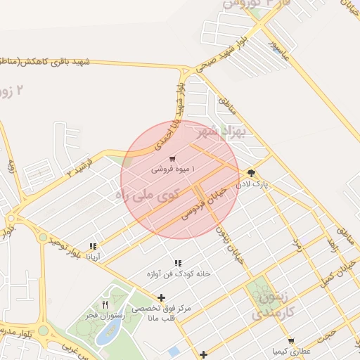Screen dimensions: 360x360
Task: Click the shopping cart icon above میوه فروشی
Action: pyautogui.click(x=173, y=159)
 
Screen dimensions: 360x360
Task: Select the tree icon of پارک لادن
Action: pyautogui.click(x=251, y=173)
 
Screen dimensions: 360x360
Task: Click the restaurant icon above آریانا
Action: pyautogui.click(x=93, y=247)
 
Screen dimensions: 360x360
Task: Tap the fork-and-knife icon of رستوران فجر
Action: pyautogui.click(x=105, y=305)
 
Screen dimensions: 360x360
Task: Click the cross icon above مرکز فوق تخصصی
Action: pyautogui.click(x=162, y=298)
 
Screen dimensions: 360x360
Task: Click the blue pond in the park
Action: pyautogui.click(x=107, y=335)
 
